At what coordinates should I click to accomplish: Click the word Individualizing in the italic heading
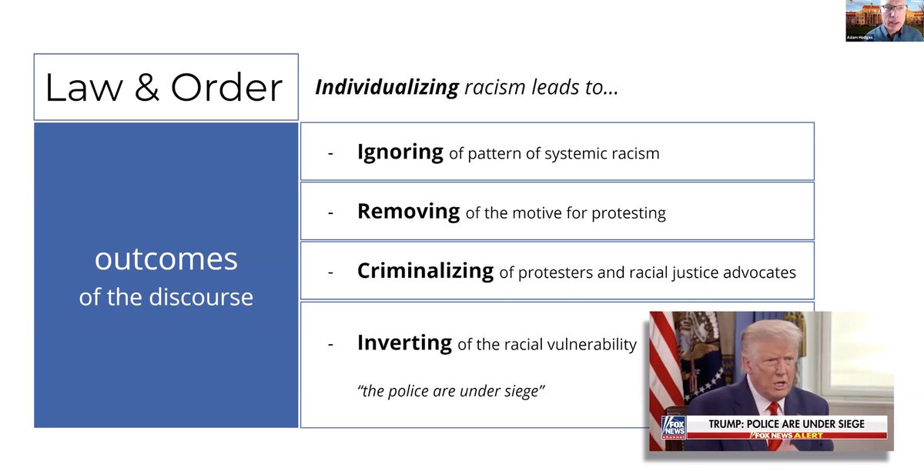[x=387, y=87]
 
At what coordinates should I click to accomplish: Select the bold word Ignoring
[x=400, y=152]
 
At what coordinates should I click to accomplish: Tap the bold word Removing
[x=408, y=211]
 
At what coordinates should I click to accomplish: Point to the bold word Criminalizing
[x=425, y=271]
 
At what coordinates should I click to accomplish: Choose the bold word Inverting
[x=404, y=342]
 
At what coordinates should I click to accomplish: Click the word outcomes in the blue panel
[x=166, y=259]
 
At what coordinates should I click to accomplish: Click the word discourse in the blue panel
[x=206, y=297]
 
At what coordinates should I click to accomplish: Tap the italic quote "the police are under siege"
[x=451, y=390]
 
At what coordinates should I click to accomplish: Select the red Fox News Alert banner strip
[x=785, y=436]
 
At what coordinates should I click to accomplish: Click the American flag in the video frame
[x=664, y=362]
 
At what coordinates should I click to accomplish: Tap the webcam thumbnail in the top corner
[x=884, y=21]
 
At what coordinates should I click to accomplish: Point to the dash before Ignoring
[x=330, y=153]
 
